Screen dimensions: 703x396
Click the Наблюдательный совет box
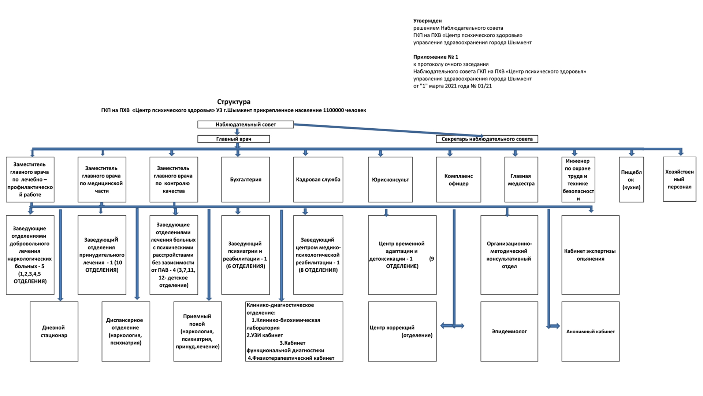click(245, 125)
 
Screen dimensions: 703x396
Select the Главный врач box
click(234, 139)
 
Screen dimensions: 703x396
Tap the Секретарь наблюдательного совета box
click(487, 139)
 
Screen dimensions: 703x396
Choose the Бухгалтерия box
click(245, 180)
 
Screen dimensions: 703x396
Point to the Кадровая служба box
click(318, 180)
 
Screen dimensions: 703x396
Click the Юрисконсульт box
click(390, 180)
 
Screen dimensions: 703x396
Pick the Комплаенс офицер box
click(458, 180)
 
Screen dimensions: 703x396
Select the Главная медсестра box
click(521, 180)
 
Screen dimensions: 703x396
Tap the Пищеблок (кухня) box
click(631, 180)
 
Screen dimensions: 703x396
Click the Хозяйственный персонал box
click(680, 179)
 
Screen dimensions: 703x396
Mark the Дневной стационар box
click(54, 331)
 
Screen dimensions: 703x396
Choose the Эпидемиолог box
click(509, 331)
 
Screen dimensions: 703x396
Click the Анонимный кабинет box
click(591, 331)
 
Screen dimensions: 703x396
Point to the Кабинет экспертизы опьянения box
click(591, 255)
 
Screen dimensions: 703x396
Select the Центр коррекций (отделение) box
click(402, 331)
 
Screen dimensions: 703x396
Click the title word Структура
click(234, 102)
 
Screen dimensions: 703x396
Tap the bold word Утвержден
click(427, 21)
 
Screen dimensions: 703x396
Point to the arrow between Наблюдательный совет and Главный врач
click(237, 132)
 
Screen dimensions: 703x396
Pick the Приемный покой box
click(198, 331)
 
